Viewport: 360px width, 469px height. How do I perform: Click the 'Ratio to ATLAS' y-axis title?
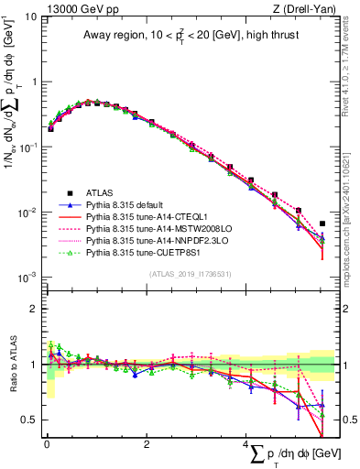coord(12,367)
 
